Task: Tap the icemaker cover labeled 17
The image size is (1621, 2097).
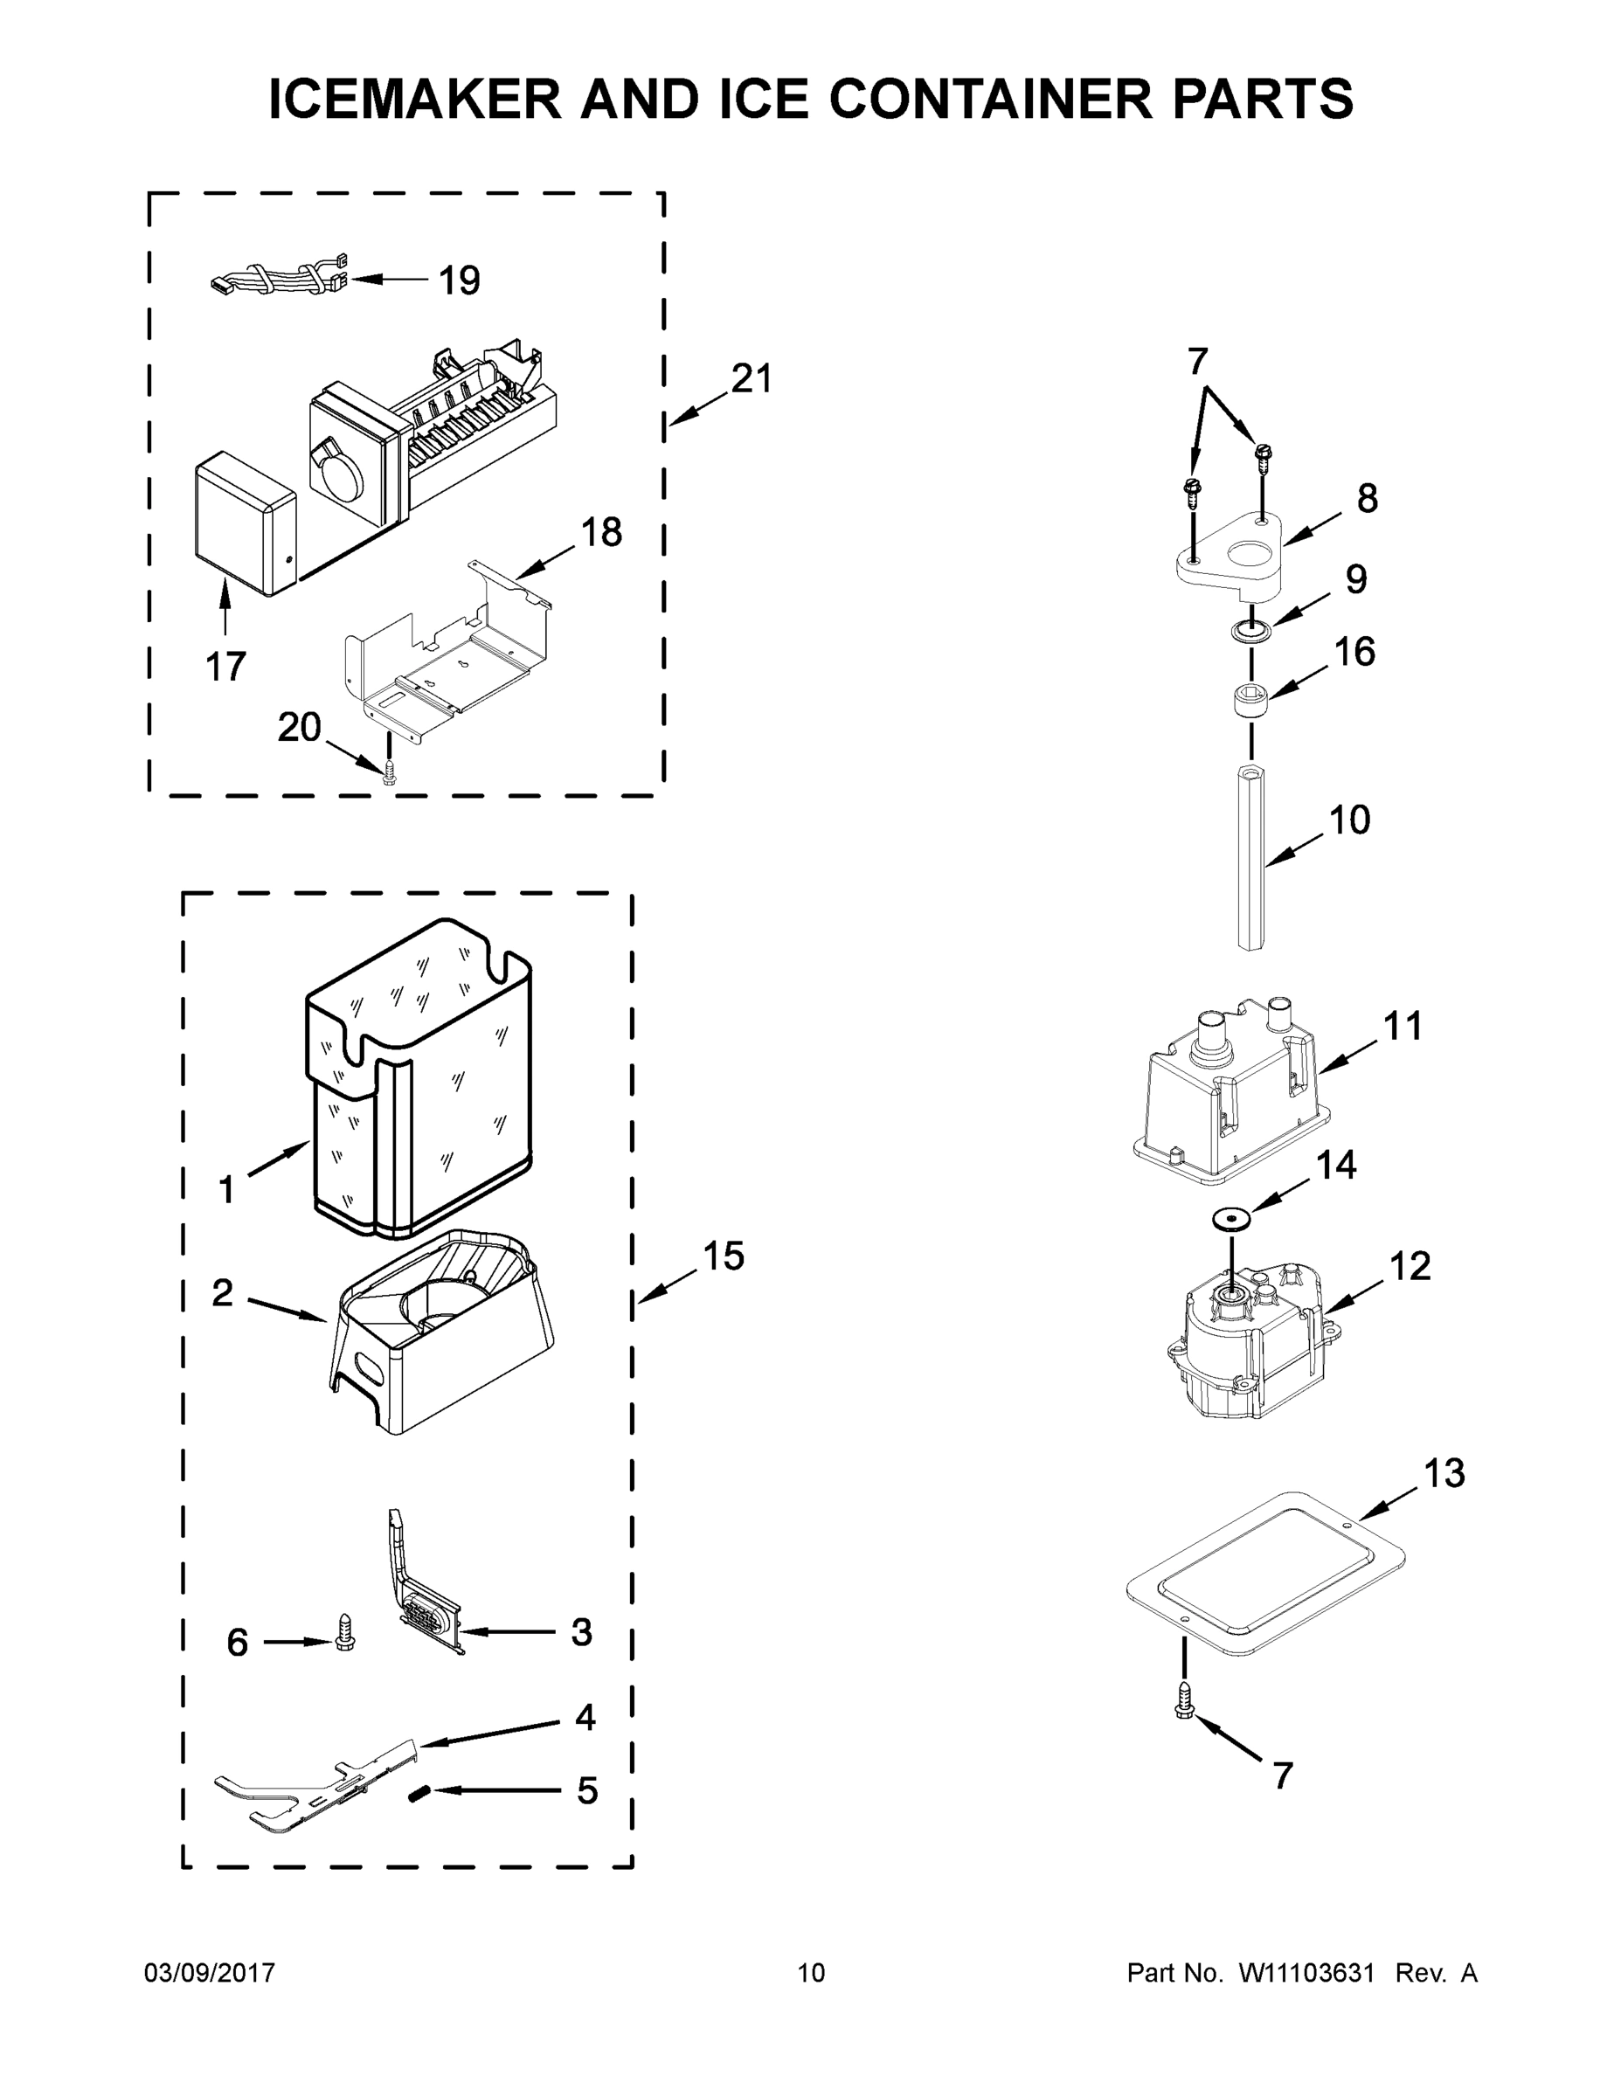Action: pyautogui.click(x=242, y=525)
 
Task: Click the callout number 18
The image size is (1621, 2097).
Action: pyautogui.click(x=601, y=532)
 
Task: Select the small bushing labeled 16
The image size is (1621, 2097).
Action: pyautogui.click(x=1251, y=699)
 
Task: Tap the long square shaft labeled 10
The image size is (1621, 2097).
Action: pyautogui.click(x=1251, y=856)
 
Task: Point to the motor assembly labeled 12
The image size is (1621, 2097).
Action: pyautogui.click(x=1249, y=1344)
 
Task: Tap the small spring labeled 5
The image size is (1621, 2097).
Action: pyautogui.click(x=419, y=1792)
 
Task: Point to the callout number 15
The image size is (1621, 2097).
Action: pyautogui.click(x=723, y=1256)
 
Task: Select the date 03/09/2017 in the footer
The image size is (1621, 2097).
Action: pyautogui.click(x=210, y=1972)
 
